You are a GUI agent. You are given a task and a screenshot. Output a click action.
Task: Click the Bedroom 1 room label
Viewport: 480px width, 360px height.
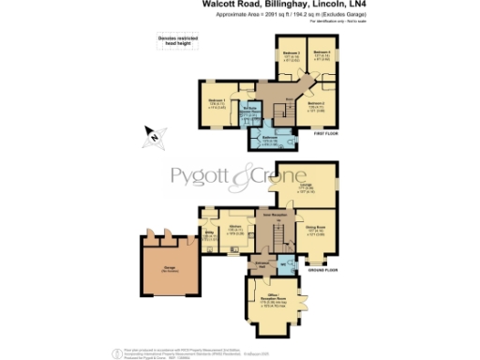[x=215, y=100]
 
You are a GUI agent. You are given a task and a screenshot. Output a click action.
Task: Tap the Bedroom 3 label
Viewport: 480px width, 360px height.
[x=290, y=53]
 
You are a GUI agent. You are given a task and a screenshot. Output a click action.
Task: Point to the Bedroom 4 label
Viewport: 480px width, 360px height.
[x=321, y=53]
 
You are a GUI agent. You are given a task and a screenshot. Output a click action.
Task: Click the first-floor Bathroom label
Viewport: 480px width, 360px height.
[x=270, y=139]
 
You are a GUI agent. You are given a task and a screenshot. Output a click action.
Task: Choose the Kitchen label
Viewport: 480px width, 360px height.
[x=237, y=227]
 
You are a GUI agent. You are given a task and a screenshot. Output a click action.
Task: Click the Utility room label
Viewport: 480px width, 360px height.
[x=210, y=234]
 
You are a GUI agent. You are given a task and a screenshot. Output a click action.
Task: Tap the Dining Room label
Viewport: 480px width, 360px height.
[x=315, y=228]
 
